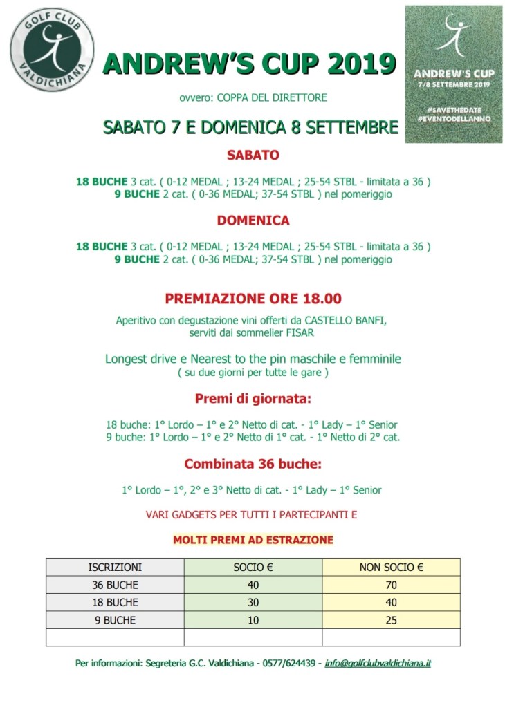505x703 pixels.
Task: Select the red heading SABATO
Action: [x=252, y=156]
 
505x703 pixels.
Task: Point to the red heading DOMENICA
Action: [x=252, y=221]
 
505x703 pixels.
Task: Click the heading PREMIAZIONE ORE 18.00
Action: [x=252, y=299]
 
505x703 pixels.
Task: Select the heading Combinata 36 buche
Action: [x=252, y=464]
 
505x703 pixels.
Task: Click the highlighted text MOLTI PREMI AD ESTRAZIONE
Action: [x=252, y=539]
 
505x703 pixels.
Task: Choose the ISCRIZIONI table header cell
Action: [x=115, y=568]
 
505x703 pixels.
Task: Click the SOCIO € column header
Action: [x=253, y=568]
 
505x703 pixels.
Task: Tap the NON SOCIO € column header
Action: [x=391, y=568]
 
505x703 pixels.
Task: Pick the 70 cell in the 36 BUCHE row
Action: [x=391, y=585]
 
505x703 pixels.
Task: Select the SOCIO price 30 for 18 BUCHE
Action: [x=253, y=603]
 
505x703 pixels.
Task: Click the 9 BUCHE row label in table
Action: [x=115, y=620]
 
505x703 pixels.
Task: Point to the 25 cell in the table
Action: [x=391, y=620]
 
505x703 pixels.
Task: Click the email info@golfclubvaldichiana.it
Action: [x=378, y=664]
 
